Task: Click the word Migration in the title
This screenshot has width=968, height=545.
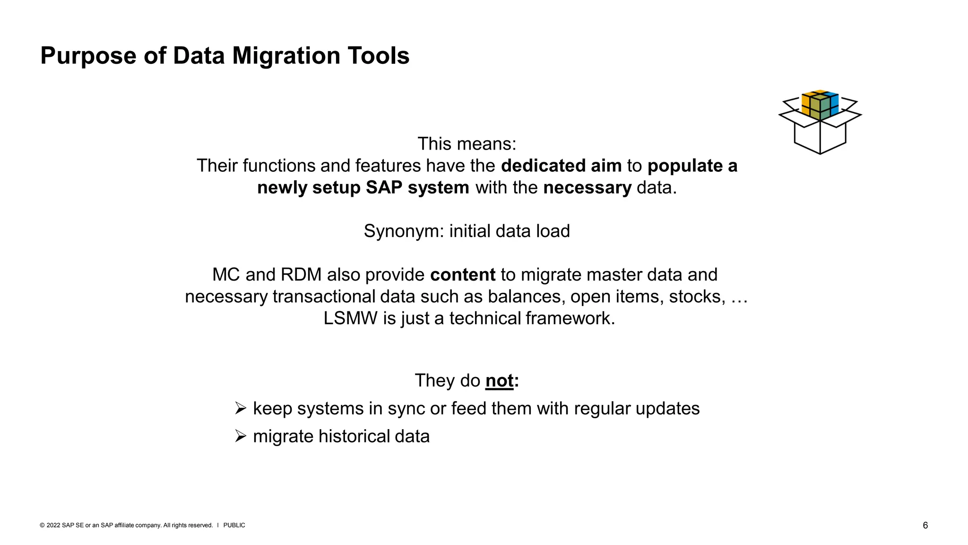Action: click(x=286, y=56)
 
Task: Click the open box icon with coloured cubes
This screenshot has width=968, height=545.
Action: click(x=820, y=122)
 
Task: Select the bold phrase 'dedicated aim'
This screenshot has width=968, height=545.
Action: click(x=561, y=166)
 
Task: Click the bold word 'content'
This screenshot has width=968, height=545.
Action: click(x=462, y=275)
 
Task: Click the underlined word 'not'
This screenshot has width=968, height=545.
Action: click(x=499, y=381)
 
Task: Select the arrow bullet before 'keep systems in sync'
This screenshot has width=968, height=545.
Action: click(x=241, y=408)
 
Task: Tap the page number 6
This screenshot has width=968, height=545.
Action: click(x=925, y=526)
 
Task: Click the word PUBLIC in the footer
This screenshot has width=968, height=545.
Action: click(x=234, y=526)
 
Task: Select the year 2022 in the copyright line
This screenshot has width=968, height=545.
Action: click(x=53, y=526)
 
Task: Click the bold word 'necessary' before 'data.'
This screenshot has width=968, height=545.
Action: click(x=587, y=188)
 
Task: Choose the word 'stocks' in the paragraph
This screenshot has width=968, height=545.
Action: click(x=697, y=297)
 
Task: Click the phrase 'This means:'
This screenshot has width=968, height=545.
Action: click(x=467, y=144)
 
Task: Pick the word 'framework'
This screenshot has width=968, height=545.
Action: click(x=570, y=318)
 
